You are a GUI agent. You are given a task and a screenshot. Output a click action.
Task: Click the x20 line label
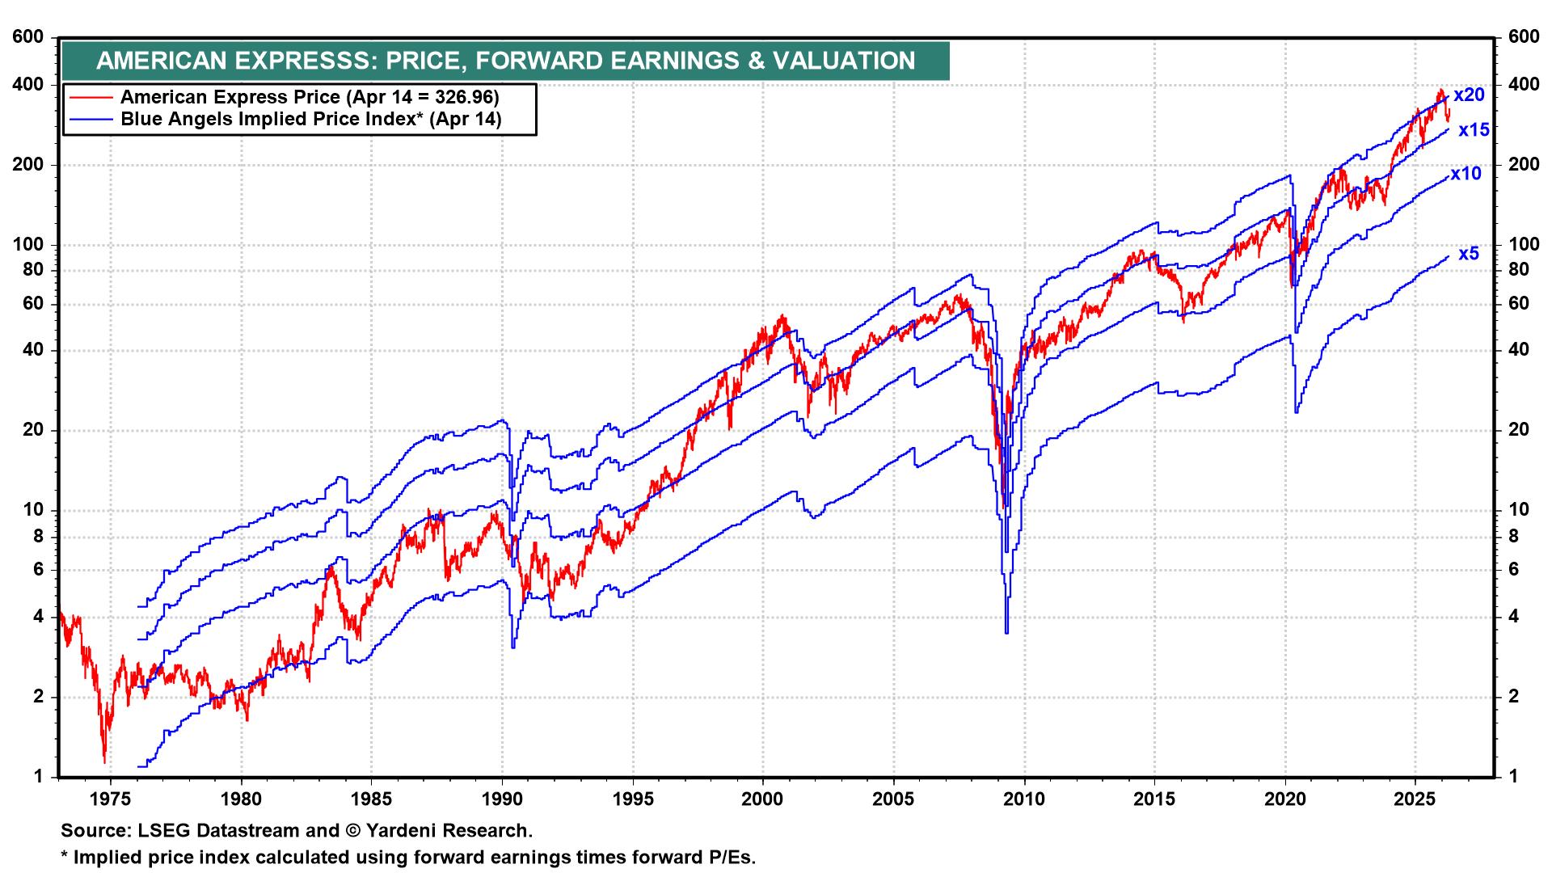coord(1469,95)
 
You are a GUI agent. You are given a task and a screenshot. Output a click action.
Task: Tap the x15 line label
coord(1473,130)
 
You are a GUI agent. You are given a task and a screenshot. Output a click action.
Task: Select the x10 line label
coord(1466,174)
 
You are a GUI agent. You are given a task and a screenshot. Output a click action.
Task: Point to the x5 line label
coord(1469,254)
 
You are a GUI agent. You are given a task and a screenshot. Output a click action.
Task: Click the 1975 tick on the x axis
coord(110,799)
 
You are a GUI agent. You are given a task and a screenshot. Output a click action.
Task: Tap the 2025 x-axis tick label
coord(1415,799)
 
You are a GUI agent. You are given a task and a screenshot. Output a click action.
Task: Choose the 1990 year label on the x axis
coord(502,799)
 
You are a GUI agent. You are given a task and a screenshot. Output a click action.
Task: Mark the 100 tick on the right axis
coord(1515,245)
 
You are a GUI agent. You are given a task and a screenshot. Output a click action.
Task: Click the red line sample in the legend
coord(91,98)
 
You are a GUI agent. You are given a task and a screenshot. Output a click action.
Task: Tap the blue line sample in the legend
coord(91,120)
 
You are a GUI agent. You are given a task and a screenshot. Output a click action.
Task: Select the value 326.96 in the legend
coord(461,98)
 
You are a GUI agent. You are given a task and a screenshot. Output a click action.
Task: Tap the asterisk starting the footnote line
coord(65,855)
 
